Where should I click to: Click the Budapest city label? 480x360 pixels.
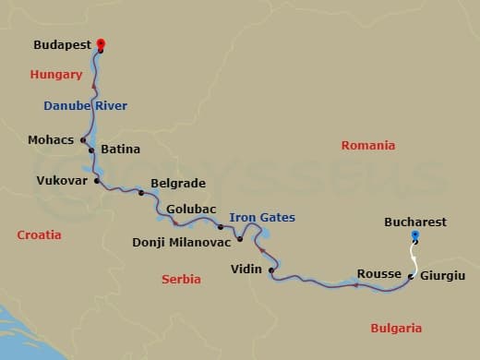(x=62, y=44)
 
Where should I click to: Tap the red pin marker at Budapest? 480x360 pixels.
(x=101, y=44)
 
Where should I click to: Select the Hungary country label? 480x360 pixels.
(x=56, y=74)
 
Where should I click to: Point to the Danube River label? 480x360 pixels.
(x=85, y=106)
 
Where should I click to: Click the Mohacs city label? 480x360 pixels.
(x=53, y=140)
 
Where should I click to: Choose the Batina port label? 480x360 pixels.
(x=120, y=148)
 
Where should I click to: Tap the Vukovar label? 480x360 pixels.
(x=63, y=181)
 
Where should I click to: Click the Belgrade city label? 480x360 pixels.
(x=177, y=184)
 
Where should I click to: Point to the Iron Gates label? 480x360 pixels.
(x=262, y=218)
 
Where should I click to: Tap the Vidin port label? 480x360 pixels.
(x=247, y=270)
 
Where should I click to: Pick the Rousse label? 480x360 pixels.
(x=378, y=274)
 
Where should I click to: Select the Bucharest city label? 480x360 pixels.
(x=415, y=222)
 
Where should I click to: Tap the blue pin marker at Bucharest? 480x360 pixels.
(x=414, y=236)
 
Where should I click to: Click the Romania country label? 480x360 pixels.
(x=368, y=146)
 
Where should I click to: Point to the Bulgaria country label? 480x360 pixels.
(x=396, y=328)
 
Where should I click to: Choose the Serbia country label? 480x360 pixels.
(x=181, y=279)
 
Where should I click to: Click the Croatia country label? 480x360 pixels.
(x=40, y=235)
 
